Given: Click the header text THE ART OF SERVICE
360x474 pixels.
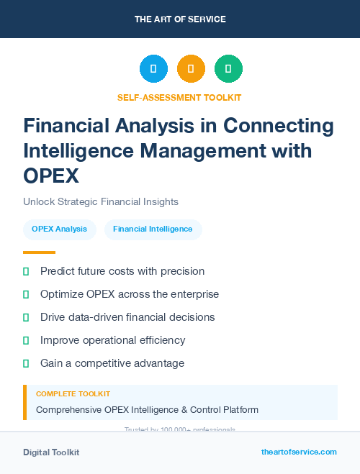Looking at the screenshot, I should tap(180, 19).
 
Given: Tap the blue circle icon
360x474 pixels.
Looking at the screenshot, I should tap(153, 69).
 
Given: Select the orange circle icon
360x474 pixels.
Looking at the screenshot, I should tap(191, 69).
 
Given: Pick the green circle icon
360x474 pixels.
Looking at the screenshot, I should tap(228, 69).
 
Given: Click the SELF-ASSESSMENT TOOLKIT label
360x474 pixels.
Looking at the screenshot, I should tap(179, 97).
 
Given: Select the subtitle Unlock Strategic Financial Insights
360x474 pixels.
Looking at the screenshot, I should tap(101, 202).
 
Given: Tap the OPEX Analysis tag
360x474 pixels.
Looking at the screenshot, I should tap(60, 229).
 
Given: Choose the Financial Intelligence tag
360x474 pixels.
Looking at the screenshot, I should tap(153, 229).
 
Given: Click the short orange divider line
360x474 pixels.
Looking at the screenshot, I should tap(39, 252).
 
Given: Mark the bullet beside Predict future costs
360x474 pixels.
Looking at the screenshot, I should tap(26, 271).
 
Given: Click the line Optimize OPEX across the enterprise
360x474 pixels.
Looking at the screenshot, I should tap(130, 294).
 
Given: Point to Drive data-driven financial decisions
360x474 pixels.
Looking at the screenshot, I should tap(127, 317).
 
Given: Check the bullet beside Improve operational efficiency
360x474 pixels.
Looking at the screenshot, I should tap(26, 340).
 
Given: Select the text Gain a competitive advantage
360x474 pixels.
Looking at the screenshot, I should tap(112, 363).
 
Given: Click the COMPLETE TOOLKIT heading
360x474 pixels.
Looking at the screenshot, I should tap(73, 394).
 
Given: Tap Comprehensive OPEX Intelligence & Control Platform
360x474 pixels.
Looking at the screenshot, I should tap(147, 410).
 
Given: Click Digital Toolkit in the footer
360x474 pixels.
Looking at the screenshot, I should tap(51, 452).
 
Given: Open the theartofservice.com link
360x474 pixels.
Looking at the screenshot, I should tap(299, 452).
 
